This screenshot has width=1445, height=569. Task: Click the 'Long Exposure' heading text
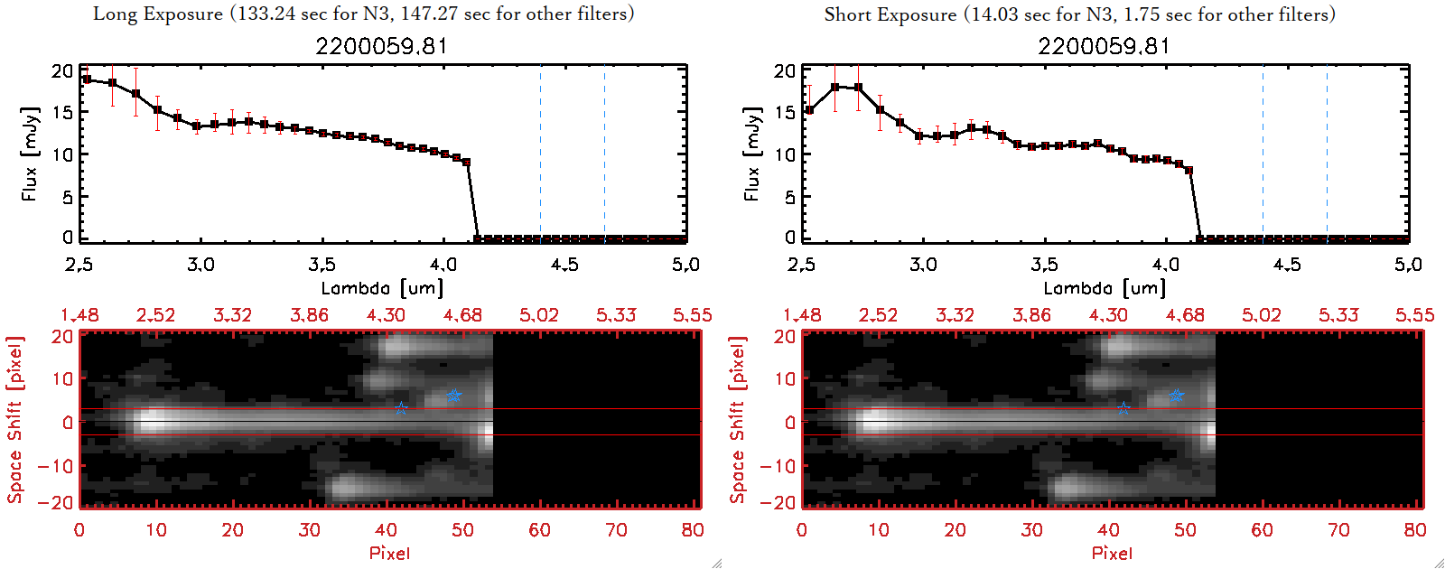158,14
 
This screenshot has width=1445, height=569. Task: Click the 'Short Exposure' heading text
890,14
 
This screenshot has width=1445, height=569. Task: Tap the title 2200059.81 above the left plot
381,46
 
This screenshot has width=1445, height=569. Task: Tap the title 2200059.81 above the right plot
1104,46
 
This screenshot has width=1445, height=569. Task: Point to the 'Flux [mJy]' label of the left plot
30,154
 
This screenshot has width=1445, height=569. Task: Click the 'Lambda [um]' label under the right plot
1105,288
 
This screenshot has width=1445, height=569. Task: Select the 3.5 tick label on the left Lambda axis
322,265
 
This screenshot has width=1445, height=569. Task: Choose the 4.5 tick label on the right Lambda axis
1287,265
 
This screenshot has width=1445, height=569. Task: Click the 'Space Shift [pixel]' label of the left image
14,420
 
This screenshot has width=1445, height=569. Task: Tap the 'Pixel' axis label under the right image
1112,553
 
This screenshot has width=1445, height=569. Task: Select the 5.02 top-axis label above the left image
539,315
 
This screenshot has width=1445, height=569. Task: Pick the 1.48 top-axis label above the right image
802,315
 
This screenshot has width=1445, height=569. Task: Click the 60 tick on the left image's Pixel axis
539,530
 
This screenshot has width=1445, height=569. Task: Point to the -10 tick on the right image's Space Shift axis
776,465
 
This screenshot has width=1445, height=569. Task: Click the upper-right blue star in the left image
453,396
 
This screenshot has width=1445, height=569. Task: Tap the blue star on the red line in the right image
1123,408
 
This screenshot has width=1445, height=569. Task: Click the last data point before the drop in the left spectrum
467,163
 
